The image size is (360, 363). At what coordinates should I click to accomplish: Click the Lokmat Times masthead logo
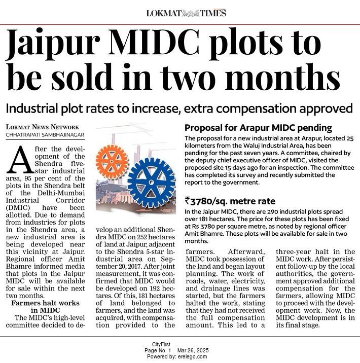point(186,13)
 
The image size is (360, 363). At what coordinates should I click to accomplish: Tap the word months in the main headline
point(282,77)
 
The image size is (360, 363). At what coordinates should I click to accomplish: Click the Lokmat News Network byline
point(43,127)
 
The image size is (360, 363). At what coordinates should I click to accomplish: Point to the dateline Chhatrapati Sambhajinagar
point(45,135)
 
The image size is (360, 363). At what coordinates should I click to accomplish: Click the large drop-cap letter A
point(20,160)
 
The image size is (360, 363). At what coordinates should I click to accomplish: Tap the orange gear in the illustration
point(112,161)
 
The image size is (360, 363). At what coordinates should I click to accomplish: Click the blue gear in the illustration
point(152,183)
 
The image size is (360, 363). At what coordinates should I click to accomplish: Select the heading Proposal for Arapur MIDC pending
point(259,128)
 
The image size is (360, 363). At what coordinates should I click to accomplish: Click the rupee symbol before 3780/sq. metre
point(187,200)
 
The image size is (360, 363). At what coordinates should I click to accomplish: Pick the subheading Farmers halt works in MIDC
point(45,307)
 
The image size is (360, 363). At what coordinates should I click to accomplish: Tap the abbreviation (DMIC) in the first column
point(18,208)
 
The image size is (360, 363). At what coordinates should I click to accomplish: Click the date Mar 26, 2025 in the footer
point(193,350)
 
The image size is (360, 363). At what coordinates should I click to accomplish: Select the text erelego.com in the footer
point(192,356)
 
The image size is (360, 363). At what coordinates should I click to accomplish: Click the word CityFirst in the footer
point(161,344)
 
